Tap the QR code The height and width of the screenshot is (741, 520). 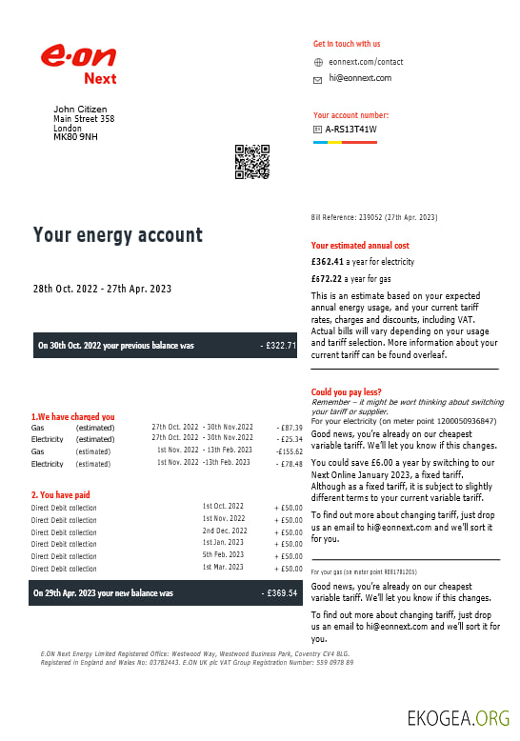click(252, 162)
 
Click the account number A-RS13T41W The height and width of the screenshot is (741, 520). click(350, 130)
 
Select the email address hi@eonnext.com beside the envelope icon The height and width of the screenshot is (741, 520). click(360, 79)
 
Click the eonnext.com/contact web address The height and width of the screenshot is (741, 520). click(366, 62)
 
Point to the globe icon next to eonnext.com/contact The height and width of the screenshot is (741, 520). click(318, 62)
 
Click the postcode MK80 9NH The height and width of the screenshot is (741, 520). click(75, 137)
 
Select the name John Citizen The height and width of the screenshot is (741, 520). click(80, 110)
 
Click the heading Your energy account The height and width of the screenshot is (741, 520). click(118, 235)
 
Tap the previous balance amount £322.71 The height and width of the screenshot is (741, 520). click(278, 346)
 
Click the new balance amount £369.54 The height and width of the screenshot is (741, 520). click(279, 593)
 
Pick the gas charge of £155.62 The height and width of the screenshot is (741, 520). click(289, 451)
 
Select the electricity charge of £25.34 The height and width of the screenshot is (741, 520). click(289, 439)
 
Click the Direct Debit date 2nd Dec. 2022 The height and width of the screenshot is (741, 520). click(224, 531)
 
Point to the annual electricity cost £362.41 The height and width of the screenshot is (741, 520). click(327, 261)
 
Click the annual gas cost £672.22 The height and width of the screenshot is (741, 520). click(327, 279)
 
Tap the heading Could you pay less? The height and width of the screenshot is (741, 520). click(348, 392)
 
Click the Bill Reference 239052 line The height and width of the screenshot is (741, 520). click(373, 218)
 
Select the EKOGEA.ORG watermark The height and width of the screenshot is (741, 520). click(458, 717)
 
